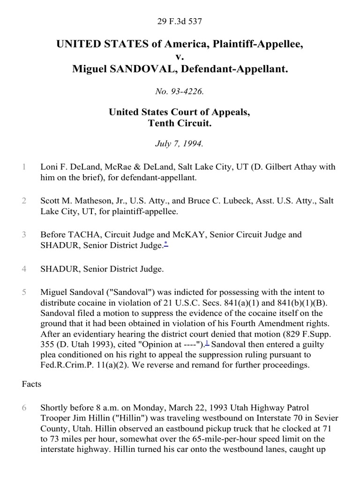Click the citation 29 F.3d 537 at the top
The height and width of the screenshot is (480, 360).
180,21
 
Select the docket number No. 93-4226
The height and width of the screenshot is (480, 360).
180,92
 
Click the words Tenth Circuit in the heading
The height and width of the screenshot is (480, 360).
180,124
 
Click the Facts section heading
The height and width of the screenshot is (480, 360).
31,384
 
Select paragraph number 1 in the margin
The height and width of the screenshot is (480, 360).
23,167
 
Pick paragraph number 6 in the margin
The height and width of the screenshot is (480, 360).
23,408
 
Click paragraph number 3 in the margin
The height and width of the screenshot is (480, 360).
23,234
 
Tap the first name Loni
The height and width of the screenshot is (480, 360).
49,167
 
